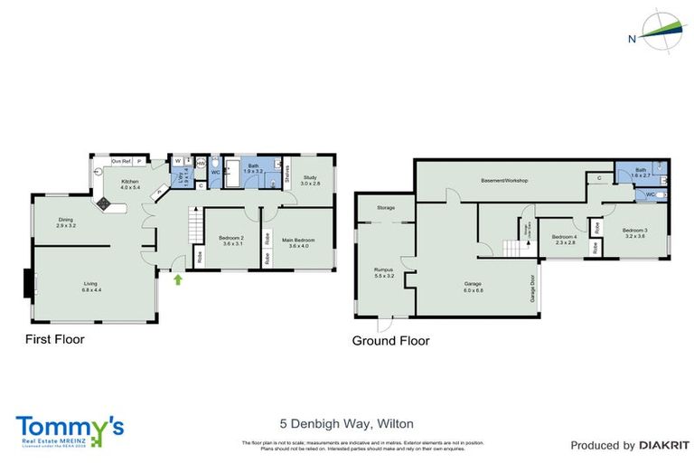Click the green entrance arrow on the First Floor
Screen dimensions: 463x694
point(178,279)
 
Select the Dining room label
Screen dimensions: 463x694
point(66,220)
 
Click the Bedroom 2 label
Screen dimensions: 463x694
point(231,241)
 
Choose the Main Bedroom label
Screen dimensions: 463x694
point(296,241)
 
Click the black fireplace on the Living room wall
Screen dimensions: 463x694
point(26,283)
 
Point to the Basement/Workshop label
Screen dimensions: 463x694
point(504,181)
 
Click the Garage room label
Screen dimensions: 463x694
point(474,287)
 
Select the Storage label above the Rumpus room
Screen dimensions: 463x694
point(386,209)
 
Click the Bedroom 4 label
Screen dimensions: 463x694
point(565,240)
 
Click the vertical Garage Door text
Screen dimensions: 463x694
point(532,288)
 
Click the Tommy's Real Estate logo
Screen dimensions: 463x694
point(69,430)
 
